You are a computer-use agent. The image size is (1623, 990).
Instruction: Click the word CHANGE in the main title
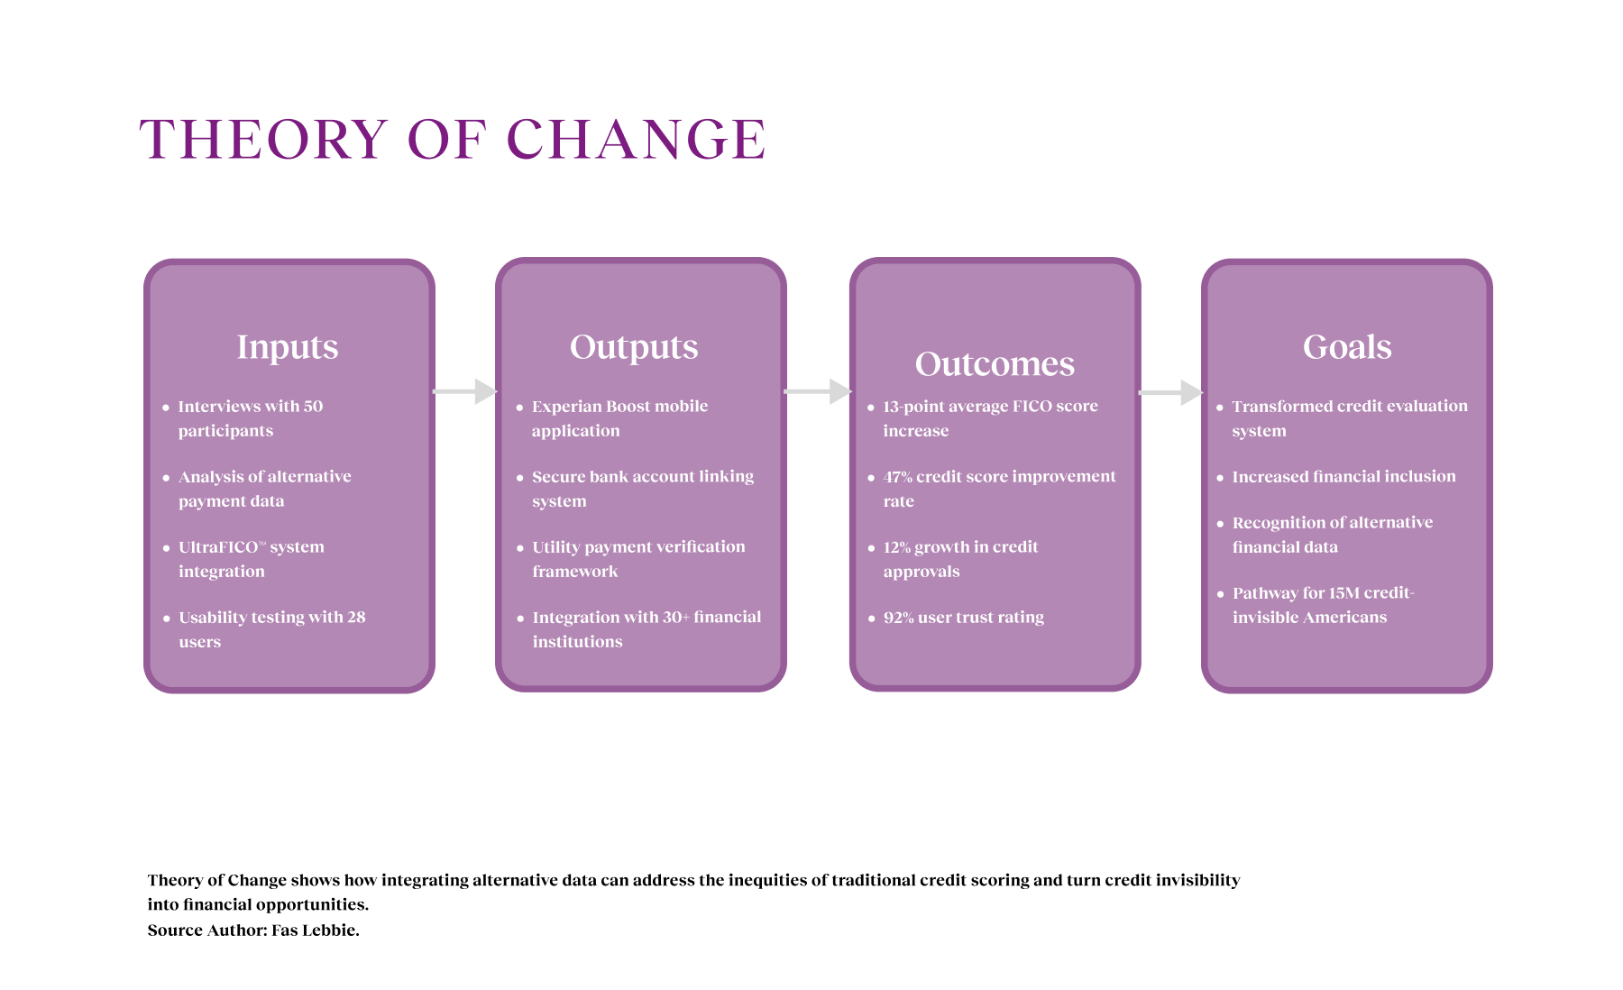[x=637, y=139]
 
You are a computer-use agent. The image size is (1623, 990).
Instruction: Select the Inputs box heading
[x=288, y=347]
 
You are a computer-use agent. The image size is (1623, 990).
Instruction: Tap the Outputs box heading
[x=634, y=347]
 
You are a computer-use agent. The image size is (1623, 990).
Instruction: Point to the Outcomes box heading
[x=995, y=363]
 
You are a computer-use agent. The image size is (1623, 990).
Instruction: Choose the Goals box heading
[x=1347, y=347]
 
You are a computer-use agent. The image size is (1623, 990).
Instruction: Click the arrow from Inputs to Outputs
[x=465, y=391]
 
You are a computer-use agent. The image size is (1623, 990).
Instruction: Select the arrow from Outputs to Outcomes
[x=818, y=391]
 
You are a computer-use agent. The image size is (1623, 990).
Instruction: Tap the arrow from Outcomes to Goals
[x=1171, y=392]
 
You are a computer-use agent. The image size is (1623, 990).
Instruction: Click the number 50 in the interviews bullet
[x=313, y=407]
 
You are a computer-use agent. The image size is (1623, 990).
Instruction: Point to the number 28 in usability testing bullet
[x=356, y=618]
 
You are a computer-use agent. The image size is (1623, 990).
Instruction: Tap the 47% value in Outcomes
[x=897, y=477]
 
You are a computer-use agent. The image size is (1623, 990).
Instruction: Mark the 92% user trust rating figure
[x=898, y=618]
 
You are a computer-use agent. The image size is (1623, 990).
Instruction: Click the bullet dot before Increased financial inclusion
[x=1220, y=478]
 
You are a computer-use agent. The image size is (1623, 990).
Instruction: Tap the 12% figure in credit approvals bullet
[x=896, y=547]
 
